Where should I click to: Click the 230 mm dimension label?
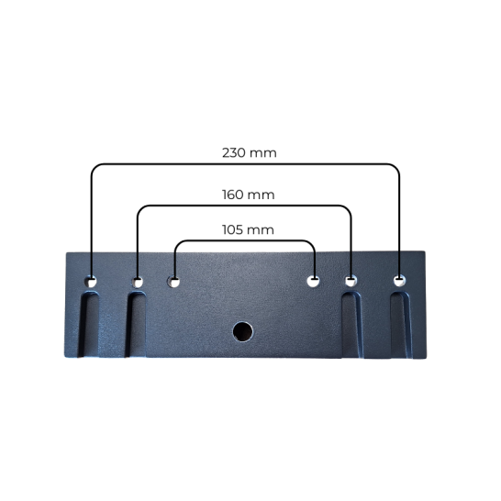pyautogui.click(x=249, y=152)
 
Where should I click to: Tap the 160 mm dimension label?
pyautogui.click(x=248, y=195)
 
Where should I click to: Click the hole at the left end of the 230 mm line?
pyautogui.click(x=91, y=279)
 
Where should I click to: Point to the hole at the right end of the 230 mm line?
pyautogui.click(x=399, y=279)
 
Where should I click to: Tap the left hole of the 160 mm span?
pyautogui.click(x=138, y=282)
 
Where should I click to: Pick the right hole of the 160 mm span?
pyautogui.click(x=351, y=281)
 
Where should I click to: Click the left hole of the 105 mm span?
pyautogui.click(x=173, y=280)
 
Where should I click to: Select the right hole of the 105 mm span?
pyautogui.click(x=314, y=279)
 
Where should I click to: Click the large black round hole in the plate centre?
pyautogui.click(x=243, y=330)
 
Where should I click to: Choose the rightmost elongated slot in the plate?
pyautogui.click(x=400, y=326)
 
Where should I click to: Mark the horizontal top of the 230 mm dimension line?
pyautogui.click(x=245, y=165)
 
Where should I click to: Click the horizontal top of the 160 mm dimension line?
pyautogui.click(x=245, y=206)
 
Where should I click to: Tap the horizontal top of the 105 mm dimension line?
pyautogui.click(x=245, y=241)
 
